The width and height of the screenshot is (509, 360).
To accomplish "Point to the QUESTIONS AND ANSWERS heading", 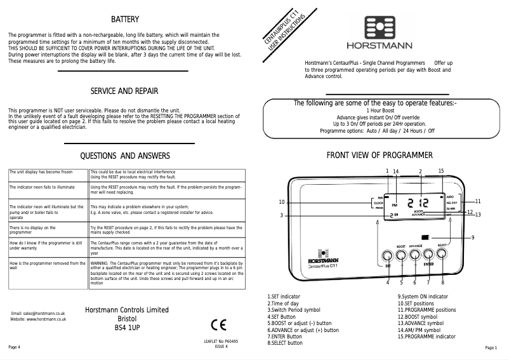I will (124, 156).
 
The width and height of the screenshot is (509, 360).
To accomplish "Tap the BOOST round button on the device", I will (401, 255).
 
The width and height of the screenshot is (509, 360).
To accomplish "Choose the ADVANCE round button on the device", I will (415, 255).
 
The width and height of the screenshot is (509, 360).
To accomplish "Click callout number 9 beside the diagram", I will (473, 237).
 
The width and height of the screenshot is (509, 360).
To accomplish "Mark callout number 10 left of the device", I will (281, 202).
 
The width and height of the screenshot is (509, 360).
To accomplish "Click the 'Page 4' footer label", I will (14, 347).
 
